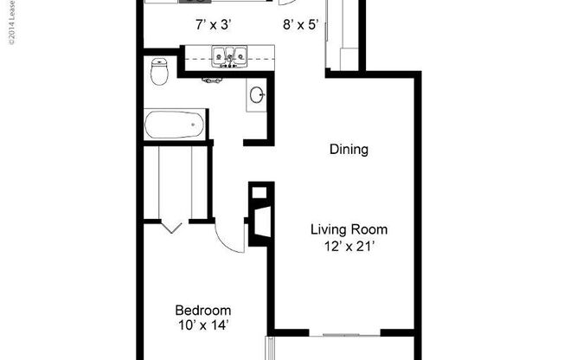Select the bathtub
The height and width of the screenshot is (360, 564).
[175, 125]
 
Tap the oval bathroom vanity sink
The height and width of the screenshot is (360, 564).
[258, 95]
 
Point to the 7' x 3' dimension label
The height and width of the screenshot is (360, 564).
[213, 25]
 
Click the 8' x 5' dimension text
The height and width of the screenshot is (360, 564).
[300, 25]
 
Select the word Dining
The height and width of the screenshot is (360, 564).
[349, 150]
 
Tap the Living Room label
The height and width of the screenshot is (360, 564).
[349, 230]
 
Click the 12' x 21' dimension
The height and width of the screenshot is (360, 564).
[349, 247]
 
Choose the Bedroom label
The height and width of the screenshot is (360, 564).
[203, 310]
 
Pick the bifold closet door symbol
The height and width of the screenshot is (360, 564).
[171, 227]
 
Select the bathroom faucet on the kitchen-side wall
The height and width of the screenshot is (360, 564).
[210, 80]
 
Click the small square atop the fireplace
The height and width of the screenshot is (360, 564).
[256, 193]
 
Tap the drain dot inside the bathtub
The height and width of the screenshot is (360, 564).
[191, 125]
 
